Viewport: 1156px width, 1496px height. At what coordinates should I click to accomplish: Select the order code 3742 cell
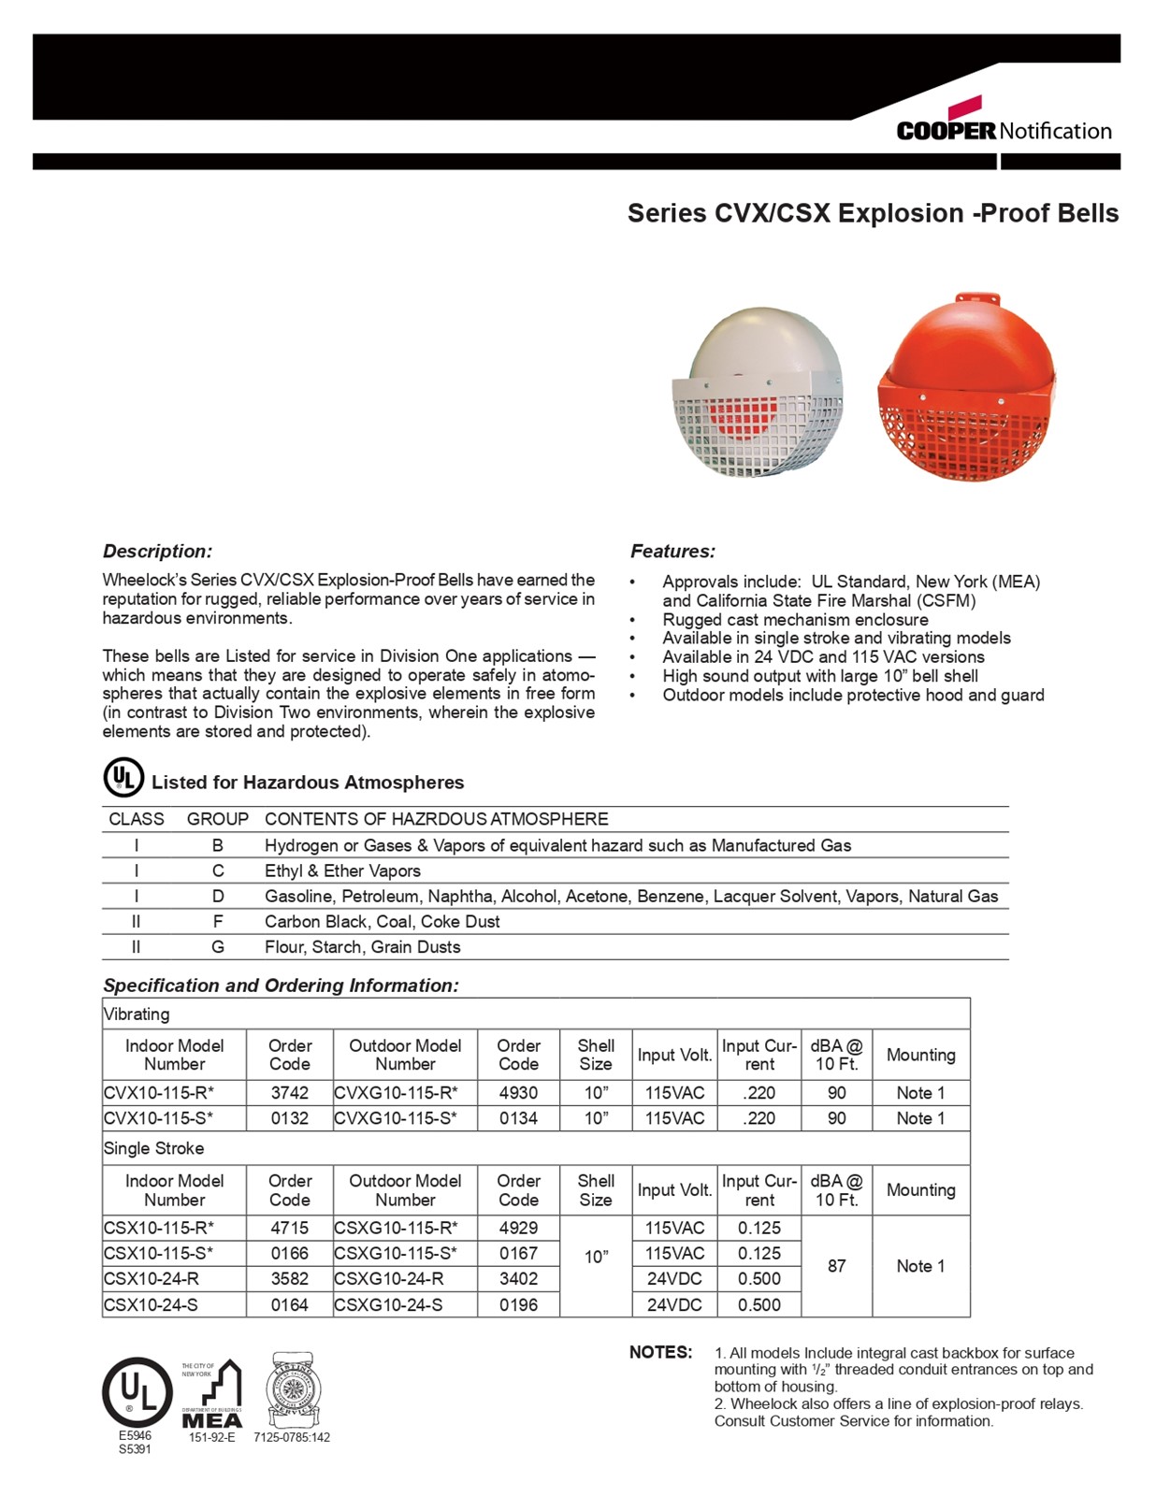click(x=289, y=1093)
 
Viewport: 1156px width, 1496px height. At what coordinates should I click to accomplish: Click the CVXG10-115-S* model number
click(x=396, y=1118)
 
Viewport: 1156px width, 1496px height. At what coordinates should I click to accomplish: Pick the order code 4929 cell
click(x=518, y=1229)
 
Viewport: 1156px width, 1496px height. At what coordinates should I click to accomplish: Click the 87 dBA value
click(x=836, y=1266)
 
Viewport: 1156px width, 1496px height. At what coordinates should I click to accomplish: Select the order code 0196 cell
click(x=518, y=1304)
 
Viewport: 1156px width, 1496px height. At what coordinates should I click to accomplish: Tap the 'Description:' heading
click(x=157, y=552)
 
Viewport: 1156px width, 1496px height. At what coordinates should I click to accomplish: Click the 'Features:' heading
click(x=672, y=552)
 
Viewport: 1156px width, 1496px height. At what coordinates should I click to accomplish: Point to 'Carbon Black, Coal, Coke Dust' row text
click(x=382, y=922)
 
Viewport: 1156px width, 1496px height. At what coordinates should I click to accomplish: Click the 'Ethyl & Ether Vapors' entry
click(x=342, y=871)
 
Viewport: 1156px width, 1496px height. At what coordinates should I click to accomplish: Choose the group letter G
click(x=218, y=947)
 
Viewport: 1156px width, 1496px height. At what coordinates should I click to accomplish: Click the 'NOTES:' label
click(x=660, y=1353)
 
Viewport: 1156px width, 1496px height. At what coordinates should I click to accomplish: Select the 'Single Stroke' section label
click(x=153, y=1148)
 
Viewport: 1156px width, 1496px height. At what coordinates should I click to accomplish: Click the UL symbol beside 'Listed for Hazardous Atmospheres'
click(x=123, y=778)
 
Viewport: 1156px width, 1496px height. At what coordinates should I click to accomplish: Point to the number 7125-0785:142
click(x=292, y=1438)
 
